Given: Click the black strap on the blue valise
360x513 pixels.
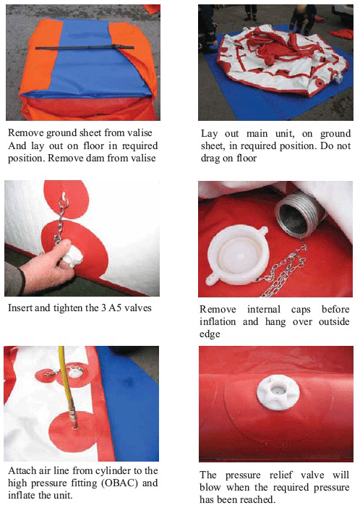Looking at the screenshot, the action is [85, 48].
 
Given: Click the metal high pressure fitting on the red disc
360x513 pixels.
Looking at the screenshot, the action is [74, 421].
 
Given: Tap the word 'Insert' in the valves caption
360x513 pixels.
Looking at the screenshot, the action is [20, 308].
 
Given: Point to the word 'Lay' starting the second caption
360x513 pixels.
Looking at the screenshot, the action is [209, 134].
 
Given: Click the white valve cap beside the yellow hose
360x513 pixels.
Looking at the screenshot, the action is [76, 373].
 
